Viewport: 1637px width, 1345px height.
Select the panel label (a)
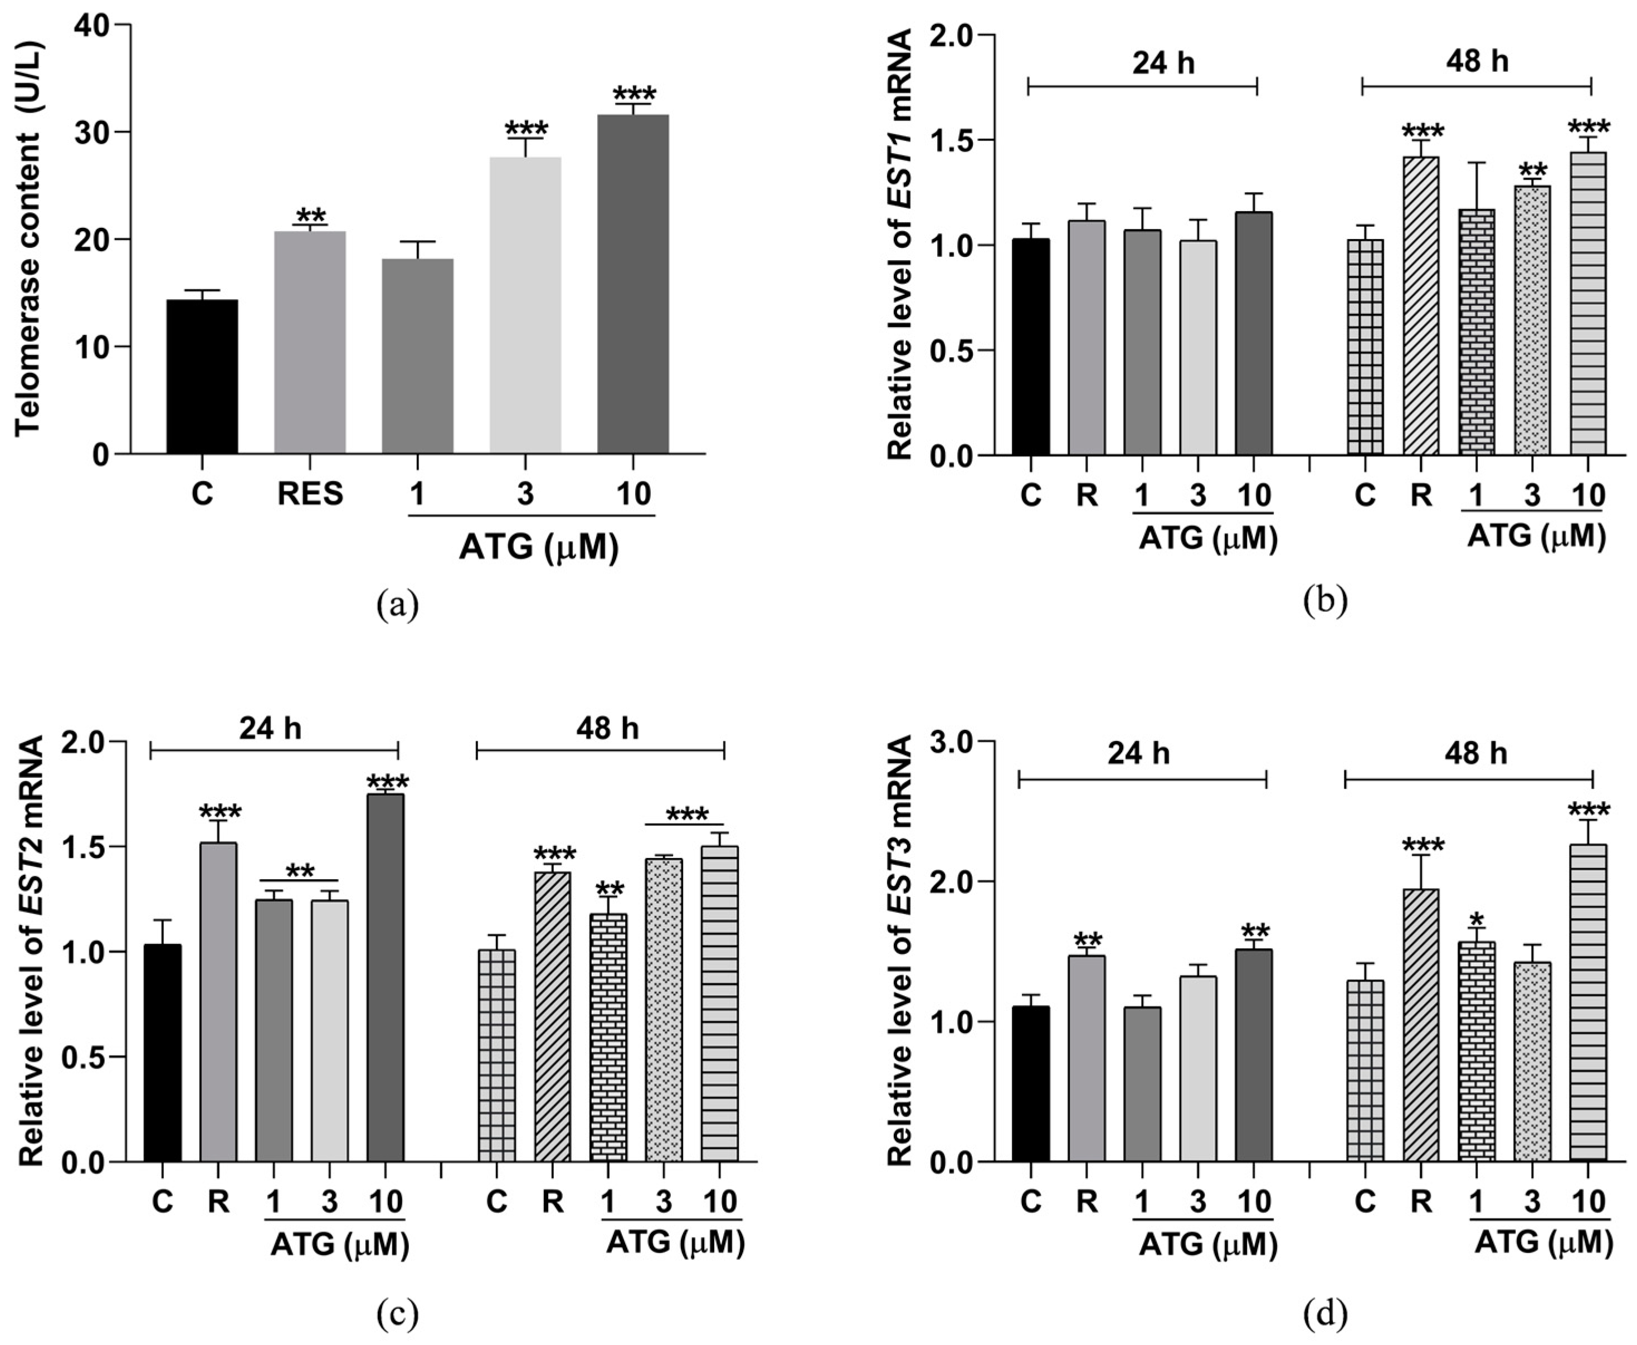[x=397, y=605]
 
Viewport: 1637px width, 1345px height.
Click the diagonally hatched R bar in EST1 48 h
[x=1421, y=305]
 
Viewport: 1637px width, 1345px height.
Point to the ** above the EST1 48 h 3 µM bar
[x=1532, y=171]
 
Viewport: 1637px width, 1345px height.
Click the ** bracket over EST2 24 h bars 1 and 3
[x=300, y=873]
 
